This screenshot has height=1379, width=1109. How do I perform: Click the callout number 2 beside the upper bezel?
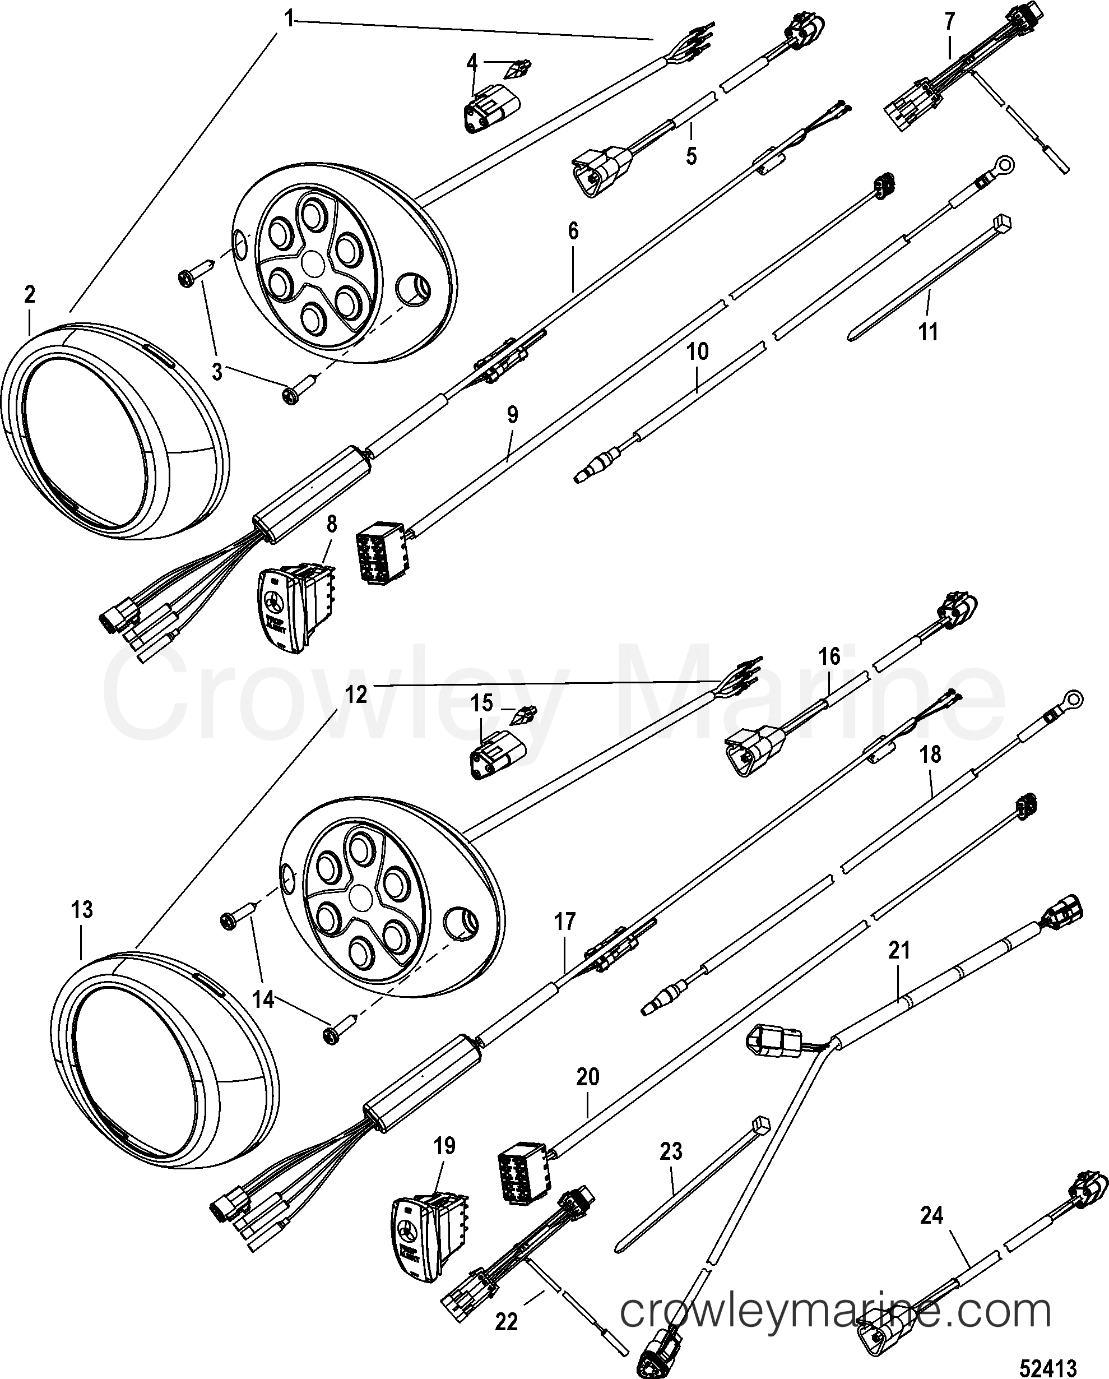pos(29,295)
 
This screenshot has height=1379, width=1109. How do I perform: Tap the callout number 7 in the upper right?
pos(949,21)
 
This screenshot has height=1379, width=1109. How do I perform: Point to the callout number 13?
pos(82,910)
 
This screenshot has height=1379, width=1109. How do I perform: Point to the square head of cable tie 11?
pos(1002,224)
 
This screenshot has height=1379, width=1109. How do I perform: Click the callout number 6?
pos(572,231)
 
